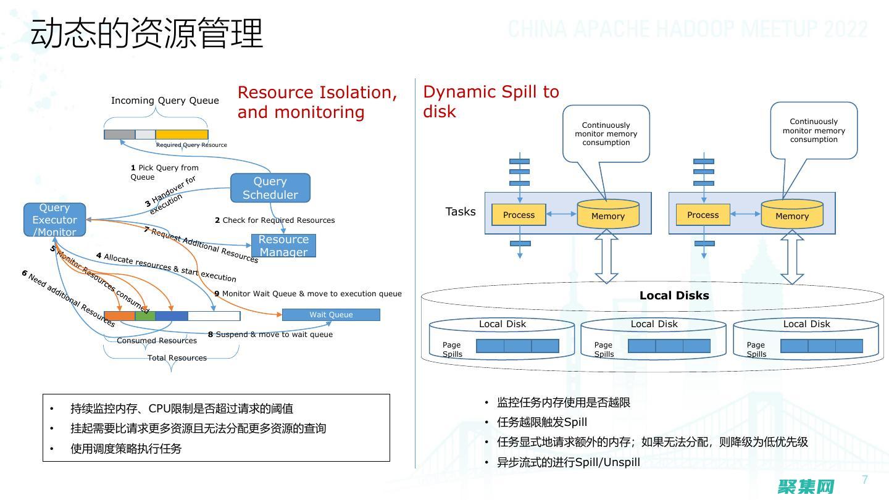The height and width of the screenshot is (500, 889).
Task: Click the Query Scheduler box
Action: tap(270, 188)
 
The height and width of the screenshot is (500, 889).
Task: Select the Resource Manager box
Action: tap(283, 246)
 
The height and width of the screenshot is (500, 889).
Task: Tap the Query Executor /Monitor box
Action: tap(54, 220)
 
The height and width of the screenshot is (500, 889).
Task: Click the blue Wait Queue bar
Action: tap(331, 315)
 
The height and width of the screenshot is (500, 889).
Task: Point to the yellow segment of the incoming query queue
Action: tap(182, 135)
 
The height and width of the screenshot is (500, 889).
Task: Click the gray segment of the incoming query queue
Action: tap(119, 135)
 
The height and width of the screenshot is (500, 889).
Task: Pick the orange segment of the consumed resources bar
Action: tap(120, 316)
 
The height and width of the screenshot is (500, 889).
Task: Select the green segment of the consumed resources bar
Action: tap(145, 316)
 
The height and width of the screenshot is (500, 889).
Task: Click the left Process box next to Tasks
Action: tap(519, 215)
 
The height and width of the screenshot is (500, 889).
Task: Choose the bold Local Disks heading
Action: tap(674, 296)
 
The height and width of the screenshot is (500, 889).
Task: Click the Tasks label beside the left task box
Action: tap(461, 212)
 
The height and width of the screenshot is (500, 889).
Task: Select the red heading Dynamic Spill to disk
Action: tap(491, 102)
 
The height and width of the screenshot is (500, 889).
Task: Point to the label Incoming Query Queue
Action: tap(165, 101)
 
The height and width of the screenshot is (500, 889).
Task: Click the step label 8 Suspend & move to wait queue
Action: tap(270, 335)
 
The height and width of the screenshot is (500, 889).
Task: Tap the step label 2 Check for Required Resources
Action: tap(275, 220)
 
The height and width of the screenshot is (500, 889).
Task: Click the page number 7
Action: tap(865, 480)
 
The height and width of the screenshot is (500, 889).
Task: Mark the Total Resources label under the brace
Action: tap(177, 358)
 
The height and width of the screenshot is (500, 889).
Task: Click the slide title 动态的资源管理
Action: tap(147, 33)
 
